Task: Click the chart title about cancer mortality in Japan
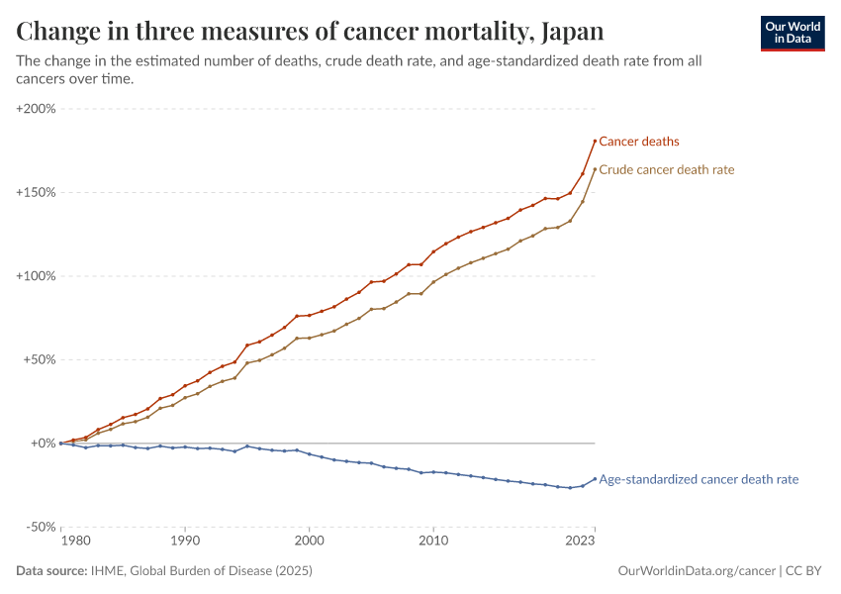[310, 32]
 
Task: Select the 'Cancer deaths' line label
[639, 142]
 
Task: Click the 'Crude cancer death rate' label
[667, 169]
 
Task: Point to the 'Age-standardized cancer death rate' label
[699, 479]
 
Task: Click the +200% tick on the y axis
[37, 108]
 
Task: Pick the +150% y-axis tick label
[37, 192]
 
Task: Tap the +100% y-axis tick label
[37, 276]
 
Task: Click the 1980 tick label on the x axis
[74, 542]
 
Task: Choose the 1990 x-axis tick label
[185, 542]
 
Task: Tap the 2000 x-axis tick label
[309, 542]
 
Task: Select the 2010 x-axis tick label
[432, 542]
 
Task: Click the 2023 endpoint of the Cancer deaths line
[595, 141]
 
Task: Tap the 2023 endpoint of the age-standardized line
[595, 478]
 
